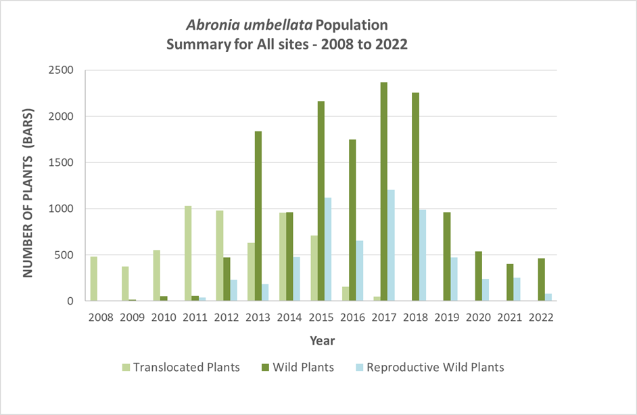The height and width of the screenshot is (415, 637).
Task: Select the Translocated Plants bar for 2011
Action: tap(189, 253)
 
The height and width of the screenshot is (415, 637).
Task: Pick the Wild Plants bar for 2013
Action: tap(258, 216)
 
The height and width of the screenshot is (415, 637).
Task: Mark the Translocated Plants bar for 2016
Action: tap(345, 294)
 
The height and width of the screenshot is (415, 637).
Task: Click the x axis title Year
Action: tap(323, 340)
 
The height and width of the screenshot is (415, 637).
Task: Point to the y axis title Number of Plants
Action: tap(30, 185)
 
